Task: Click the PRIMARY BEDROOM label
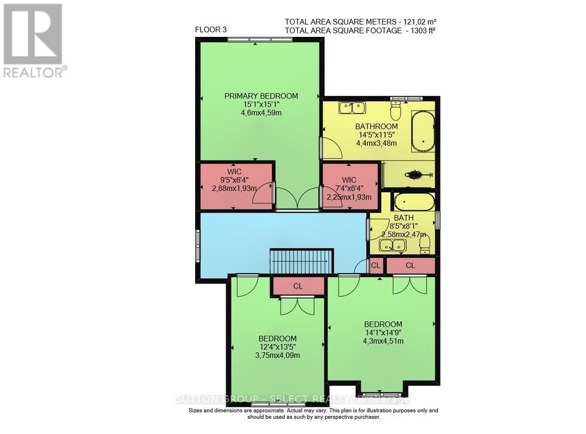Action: click(261, 96)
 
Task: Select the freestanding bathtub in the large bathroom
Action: click(422, 131)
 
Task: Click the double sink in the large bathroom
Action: click(352, 108)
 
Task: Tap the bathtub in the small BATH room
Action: click(414, 203)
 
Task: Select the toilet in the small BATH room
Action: click(425, 243)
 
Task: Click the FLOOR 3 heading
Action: click(210, 29)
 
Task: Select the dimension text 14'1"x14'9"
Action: click(383, 334)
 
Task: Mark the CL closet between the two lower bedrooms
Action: click(298, 286)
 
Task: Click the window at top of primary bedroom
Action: click(260, 40)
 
